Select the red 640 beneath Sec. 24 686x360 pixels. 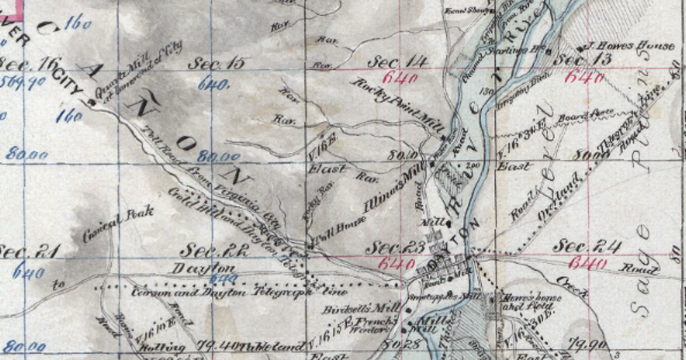(x=587, y=263)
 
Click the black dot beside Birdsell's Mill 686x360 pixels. (x=409, y=310)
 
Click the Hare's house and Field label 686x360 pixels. (x=520, y=301)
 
